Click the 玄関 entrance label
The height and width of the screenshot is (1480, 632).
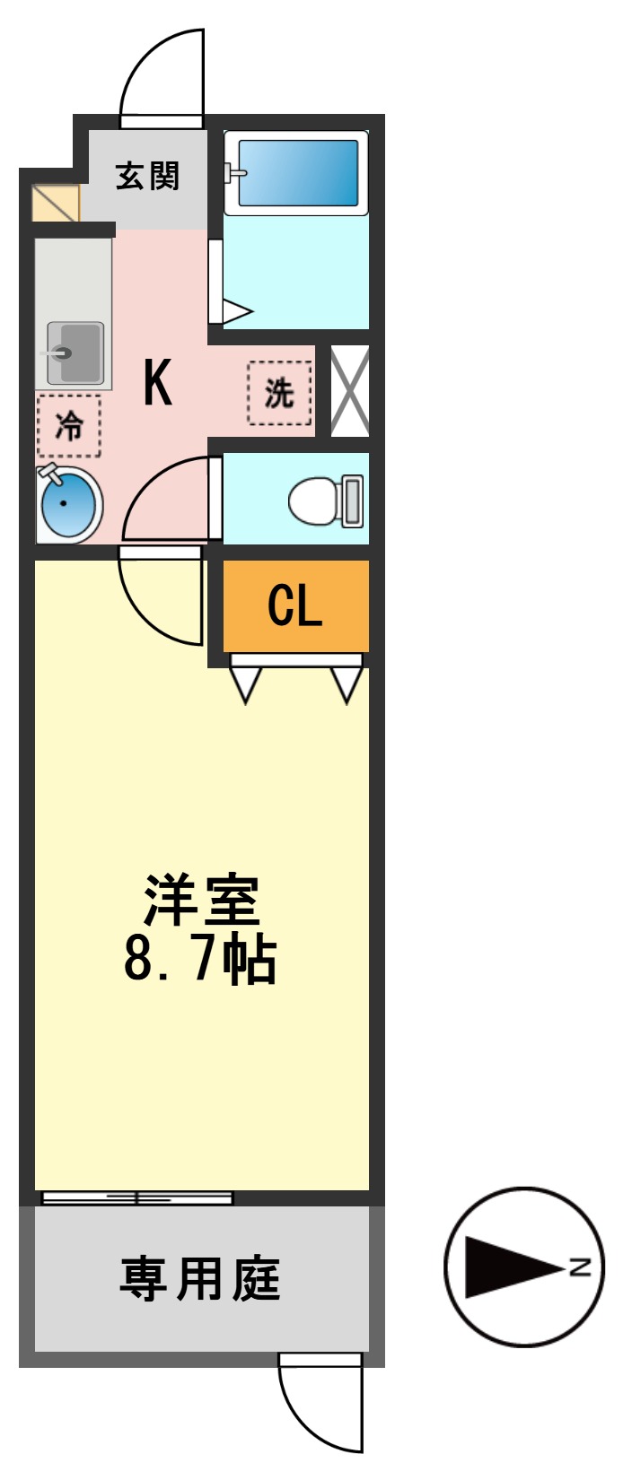pyautogui.click(x=148, y=176)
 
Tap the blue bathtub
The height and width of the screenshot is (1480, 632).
pyautogui.click(x=297, y=172)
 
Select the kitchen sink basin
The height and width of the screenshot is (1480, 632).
pyautogui.click(x=75, y=353)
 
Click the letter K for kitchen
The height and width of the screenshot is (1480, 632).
pyautogui.click(x=158, y=383)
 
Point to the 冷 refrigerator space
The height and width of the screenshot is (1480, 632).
pyautogui.click(x=69, y=425)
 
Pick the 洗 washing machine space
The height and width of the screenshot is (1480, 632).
pyautogui.click(x=279, y=393)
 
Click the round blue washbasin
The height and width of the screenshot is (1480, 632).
pyautogui.click(x=68, y=504)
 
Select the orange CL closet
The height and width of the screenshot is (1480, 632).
pyautogui.click(x=295, y=606)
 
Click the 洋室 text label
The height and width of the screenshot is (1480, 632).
pyautogui.click(x=202, y=900)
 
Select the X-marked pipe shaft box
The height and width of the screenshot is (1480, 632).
pyautogui.click(x=350, y=391)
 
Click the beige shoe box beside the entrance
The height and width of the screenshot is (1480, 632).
pyautogui.click(x=56, y=203)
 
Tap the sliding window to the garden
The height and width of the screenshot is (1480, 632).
pyautogui.click(x=137, y=1197)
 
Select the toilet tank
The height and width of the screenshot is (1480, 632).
pyautogui.click(x=353, y=501)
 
